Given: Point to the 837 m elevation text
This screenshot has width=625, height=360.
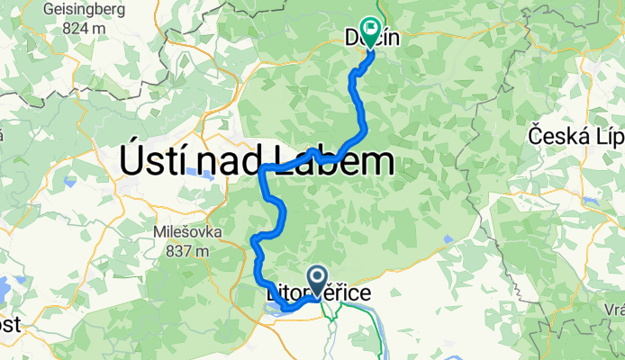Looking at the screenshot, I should [187, 251].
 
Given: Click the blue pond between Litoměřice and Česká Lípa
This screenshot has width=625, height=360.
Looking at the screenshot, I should [448, 238].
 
